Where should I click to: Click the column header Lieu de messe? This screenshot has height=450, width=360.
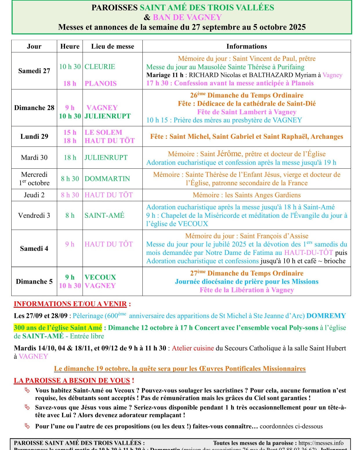click(x=113, y=46)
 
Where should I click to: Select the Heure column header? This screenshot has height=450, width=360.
click(x=70, y=46)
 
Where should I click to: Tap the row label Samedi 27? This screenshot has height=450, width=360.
click(x=34, y=71)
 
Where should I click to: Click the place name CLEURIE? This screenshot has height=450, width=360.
click(x=100, y=67)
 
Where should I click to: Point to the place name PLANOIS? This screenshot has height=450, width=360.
click(x=101, y=84)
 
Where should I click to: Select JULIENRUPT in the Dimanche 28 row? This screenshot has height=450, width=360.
click(x=108, y=116)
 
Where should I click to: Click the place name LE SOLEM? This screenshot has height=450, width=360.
click(x=103, y=132)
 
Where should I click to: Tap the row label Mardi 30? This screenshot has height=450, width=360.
click(x=34, y=158)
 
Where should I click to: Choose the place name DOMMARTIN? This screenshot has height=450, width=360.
click(x=107, y=179)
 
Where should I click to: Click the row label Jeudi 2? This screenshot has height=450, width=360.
click(x=34, y=195)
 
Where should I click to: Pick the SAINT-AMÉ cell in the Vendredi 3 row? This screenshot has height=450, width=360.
click(x=104, y=215)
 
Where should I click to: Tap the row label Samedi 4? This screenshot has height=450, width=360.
click(x=34, y=249)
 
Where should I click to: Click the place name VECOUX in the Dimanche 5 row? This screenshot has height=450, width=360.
click(x=100, y=277)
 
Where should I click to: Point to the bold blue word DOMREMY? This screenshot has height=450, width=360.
click(x=326, y=316)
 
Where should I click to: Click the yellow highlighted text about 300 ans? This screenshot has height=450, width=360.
click(x=58, y=328)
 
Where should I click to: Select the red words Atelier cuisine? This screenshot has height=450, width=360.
click(x=193, y=348)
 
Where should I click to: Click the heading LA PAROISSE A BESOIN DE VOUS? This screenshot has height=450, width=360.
click(x=72, y=381)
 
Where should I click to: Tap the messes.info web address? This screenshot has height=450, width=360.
click(x=321, y=443)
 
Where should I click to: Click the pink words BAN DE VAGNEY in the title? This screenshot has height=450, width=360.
click(x=187, y=17)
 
